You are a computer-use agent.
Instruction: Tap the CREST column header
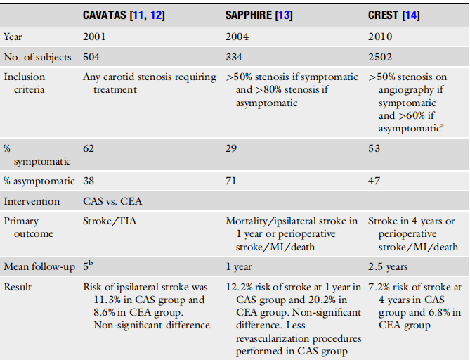point(385,15)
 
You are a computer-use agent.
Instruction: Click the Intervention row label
point(31,201)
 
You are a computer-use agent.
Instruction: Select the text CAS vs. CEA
point(111,201)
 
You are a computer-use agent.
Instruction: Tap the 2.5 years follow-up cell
point(389,266)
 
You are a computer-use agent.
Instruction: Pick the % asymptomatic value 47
point(374,181)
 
